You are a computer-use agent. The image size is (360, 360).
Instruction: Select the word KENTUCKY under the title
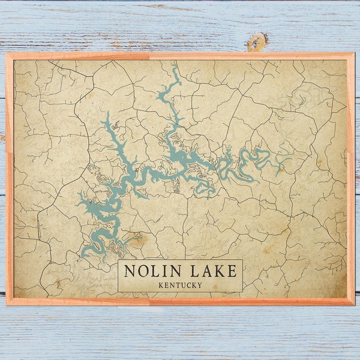[x=180, y=284]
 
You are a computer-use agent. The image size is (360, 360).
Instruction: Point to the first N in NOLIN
[x=129, y=271]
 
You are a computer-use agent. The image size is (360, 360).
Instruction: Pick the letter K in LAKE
[x=218, y=271]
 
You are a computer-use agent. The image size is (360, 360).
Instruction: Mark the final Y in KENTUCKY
[x=199, y=284]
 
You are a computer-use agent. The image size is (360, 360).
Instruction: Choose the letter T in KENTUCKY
[x=176, y=284]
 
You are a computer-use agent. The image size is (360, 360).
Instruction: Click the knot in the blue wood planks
[x=257, y=41]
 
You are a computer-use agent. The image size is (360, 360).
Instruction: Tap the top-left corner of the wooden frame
[x=7, y=54]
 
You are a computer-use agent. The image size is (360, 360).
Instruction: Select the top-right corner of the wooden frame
[x=353, y=54]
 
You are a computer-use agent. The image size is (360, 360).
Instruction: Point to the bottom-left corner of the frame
[x=7, y=304]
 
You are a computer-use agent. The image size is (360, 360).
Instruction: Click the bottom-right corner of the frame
[x=353, y=304]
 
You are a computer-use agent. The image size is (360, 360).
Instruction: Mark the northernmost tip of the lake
[x=175, y=65]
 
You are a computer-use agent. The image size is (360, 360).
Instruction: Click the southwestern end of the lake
[x=84, y=254]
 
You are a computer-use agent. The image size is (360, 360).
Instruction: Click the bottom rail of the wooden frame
[x=180, y=301]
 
